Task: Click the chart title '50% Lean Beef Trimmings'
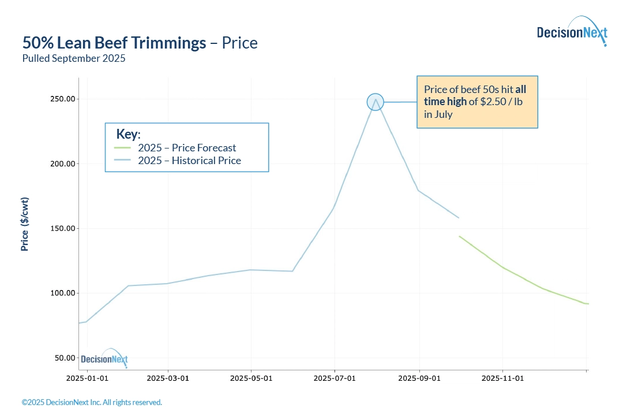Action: [114, 43]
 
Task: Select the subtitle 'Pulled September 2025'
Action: [74, 58]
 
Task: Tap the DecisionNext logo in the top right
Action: [572, 32]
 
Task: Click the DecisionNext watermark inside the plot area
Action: [104, 359]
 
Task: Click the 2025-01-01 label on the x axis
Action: [87, 378]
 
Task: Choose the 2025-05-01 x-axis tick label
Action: [251, 378]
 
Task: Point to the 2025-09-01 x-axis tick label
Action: [419, 378]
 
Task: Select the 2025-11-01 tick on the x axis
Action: [502, 378]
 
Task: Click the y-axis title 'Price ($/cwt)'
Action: [25, 224]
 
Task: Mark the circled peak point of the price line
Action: [375, 102]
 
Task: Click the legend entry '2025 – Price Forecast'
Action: [187, 148]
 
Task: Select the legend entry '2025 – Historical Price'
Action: [189, 161]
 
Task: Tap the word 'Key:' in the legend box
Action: [128, 134]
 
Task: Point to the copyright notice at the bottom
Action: [92, 402]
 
